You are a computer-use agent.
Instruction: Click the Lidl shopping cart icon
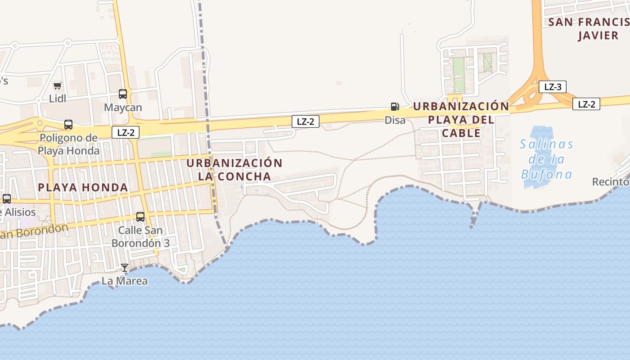point(57,85)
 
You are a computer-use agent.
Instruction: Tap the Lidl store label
point(57,99)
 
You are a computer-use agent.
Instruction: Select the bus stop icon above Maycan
point(123,94)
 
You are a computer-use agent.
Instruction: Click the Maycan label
point(123,108)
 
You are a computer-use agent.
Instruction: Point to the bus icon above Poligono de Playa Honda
point(68,125)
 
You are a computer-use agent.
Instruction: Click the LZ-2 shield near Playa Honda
point(126,132)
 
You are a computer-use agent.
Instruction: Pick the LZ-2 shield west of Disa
point(306,121)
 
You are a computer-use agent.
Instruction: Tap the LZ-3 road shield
point(553,87)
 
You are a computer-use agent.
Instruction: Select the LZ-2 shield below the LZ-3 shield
point(586,104)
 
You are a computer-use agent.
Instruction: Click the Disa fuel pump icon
point(395,107)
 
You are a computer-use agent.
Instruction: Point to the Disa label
point(395,120)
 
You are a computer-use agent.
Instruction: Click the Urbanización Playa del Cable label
point(461,120)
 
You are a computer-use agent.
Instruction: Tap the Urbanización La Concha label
point(234,169)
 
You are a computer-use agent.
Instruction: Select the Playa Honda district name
point(83,187)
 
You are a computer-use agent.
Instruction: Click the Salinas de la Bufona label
point(546,159)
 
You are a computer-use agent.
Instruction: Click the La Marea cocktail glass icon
point(125,268)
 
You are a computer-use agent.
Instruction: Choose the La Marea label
point(125,281)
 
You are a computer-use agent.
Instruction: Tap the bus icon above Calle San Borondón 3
point(140,217)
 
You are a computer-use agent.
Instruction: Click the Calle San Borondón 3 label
point(140,237)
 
